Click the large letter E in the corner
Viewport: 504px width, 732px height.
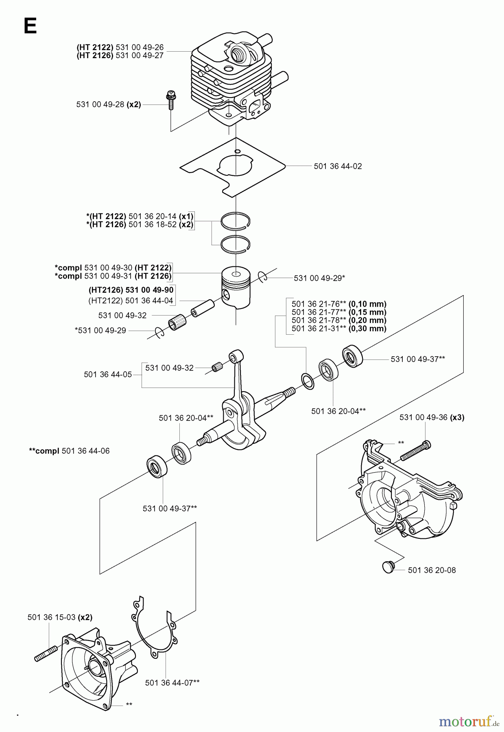[31, 26]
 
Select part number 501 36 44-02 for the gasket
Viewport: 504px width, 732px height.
[338, 166]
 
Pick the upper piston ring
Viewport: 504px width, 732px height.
[236, 220]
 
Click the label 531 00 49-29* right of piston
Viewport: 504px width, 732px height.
[319, 278]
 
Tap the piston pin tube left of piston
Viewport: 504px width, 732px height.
[202, 307]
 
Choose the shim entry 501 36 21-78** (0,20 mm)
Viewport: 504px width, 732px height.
[339, 320]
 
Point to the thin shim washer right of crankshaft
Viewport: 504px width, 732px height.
[308, 381]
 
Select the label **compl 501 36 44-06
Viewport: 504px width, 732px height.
[69, 451]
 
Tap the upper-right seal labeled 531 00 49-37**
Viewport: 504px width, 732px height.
[352, 356]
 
